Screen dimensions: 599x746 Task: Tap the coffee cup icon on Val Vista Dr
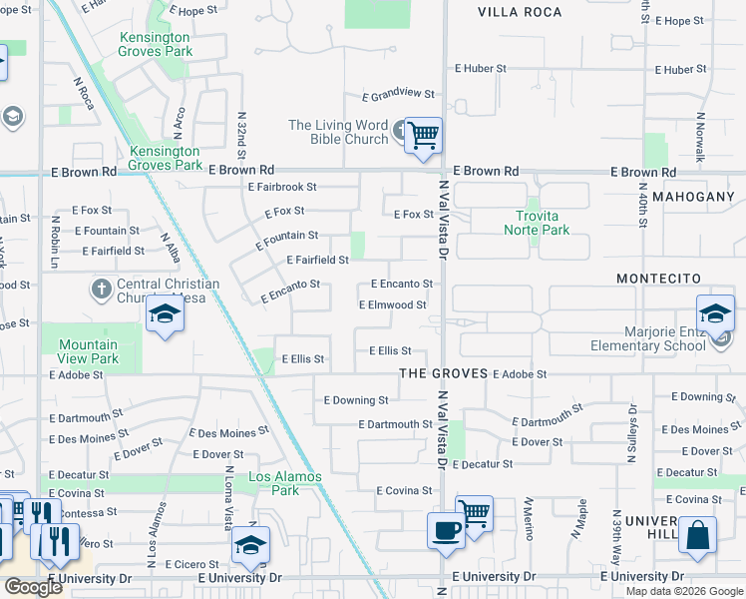(x=445, y=529)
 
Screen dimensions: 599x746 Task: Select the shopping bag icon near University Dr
(x=697, y=533)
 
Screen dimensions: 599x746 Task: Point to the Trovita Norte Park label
(x=537, y=223)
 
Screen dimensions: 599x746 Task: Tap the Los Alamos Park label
(x=285, y=483)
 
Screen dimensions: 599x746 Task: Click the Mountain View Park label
(x=90, y=351)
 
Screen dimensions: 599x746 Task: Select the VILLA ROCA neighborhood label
(x=515, y=12)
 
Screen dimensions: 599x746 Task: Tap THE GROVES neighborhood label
(x=443, y=373)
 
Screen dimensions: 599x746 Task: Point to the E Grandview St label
(x=398, y=96)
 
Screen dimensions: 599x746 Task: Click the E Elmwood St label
(x=392, y=305)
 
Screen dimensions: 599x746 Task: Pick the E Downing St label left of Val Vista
(x=356, y=400)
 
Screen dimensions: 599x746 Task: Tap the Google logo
(x=33, y=587)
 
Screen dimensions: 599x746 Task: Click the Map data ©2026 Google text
(x=683, y=591)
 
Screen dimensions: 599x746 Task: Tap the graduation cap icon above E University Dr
(x=249, y=546)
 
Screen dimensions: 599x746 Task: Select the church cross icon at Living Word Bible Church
(x=400, y=131)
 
